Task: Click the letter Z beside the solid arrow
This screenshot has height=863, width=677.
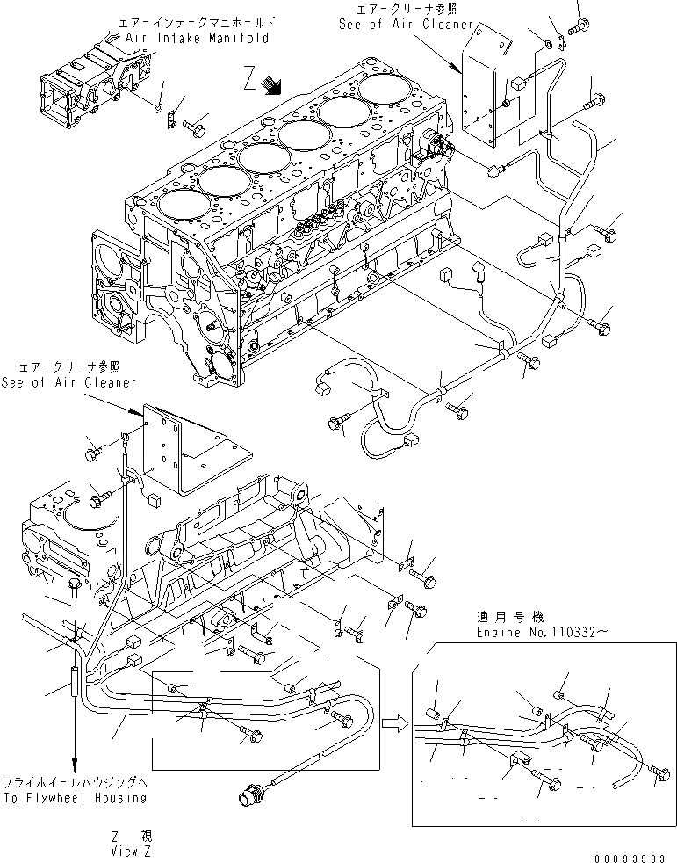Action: [x=251, y=82]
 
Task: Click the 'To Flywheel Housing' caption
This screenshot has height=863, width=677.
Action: [x=73, y=798]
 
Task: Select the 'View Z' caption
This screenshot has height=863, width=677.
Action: [x=136, y=851]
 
